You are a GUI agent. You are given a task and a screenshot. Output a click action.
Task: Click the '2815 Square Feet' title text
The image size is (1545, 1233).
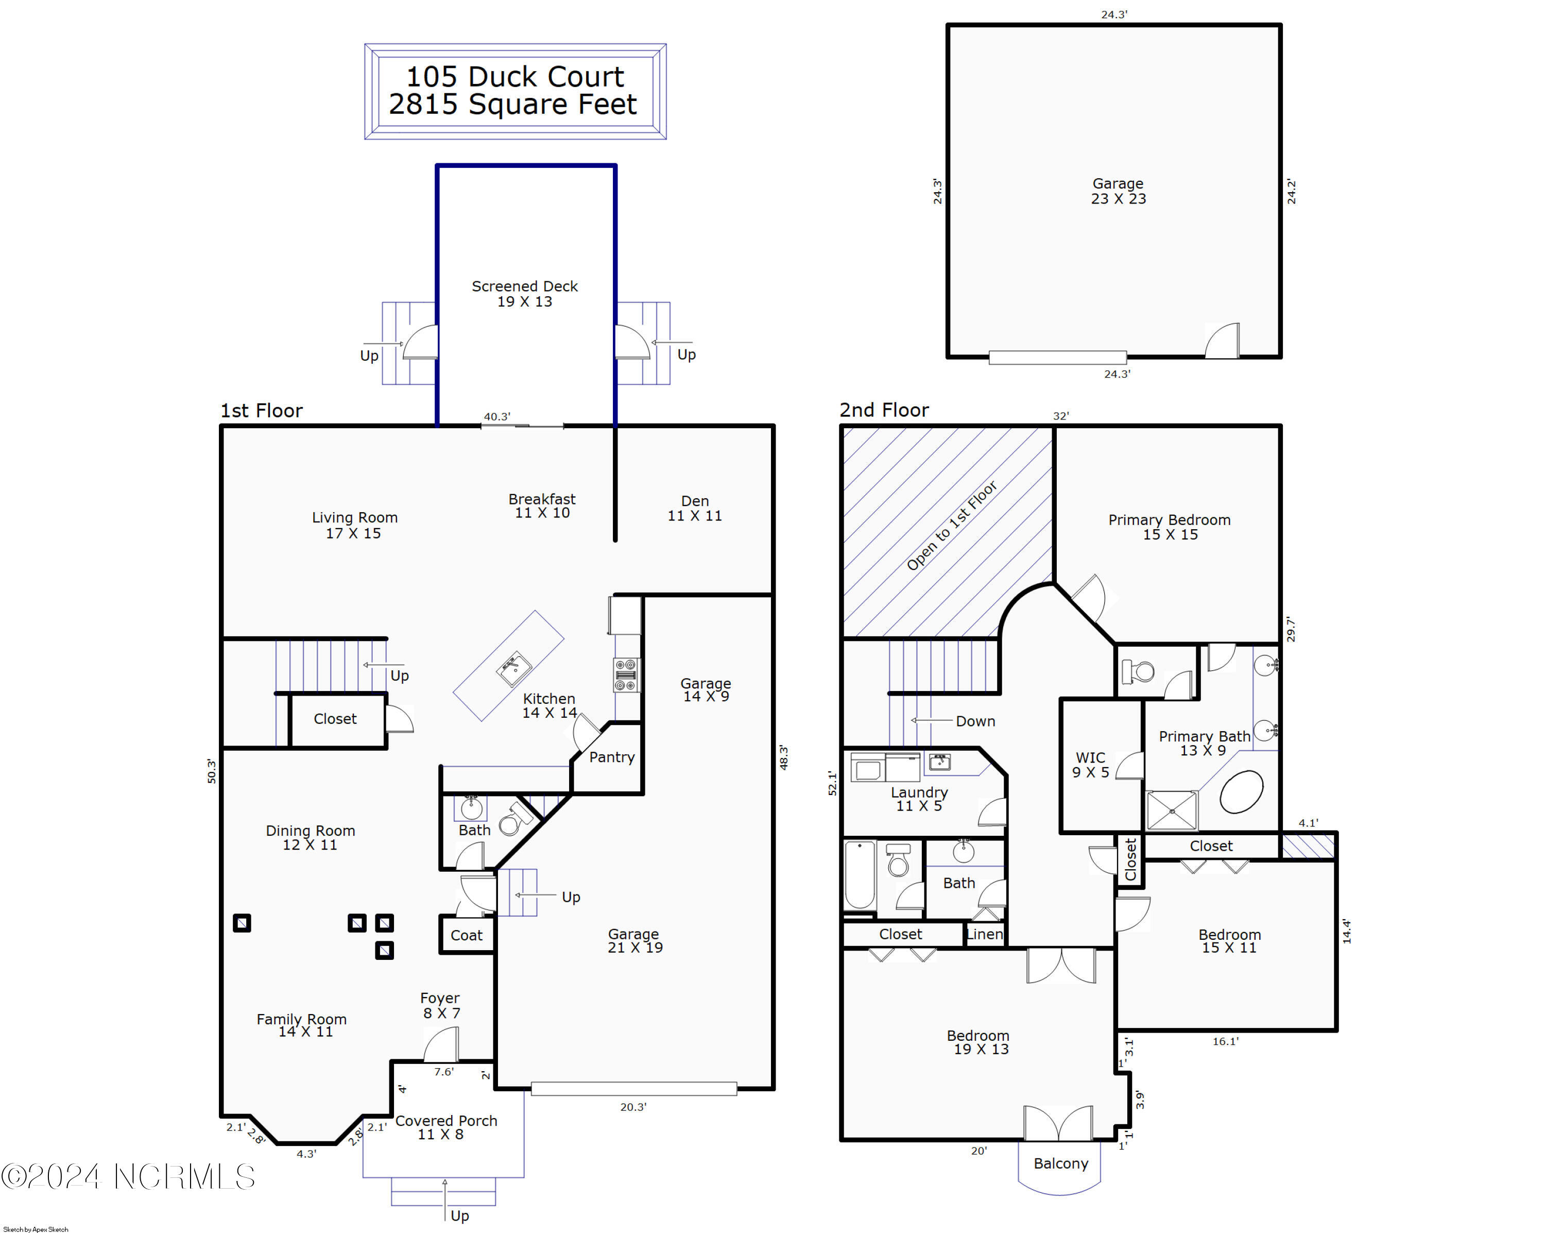click(x=512, y=105)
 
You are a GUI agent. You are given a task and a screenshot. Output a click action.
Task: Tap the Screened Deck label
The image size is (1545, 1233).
click(x=525, y=294)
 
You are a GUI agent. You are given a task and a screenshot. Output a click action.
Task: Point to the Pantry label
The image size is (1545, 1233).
click(x=611, y=757)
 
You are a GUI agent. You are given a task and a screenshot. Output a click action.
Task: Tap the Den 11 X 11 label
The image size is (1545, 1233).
click(x=694, y=508)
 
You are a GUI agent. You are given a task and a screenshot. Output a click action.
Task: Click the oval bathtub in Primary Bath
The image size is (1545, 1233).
click(x=1241, y=792)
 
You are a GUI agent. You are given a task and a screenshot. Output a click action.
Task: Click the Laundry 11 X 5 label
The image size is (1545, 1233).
click(x=919, y=799)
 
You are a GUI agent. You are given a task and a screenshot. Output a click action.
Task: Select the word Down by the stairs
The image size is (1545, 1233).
click(x=975, y=721)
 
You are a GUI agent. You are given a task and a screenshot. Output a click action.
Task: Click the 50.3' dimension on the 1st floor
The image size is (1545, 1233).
click(x=211, y=771)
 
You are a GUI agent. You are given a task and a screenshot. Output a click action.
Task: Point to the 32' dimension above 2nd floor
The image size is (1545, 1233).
click(x=1060, y=416)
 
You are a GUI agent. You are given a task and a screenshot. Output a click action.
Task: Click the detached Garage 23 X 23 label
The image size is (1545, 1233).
click(x=1118, y=191)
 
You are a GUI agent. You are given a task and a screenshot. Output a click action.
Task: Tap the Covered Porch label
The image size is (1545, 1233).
click(x=445, y=1127)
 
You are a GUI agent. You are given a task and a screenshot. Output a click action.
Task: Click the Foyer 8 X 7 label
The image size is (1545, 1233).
click(x=440, y=1005)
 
